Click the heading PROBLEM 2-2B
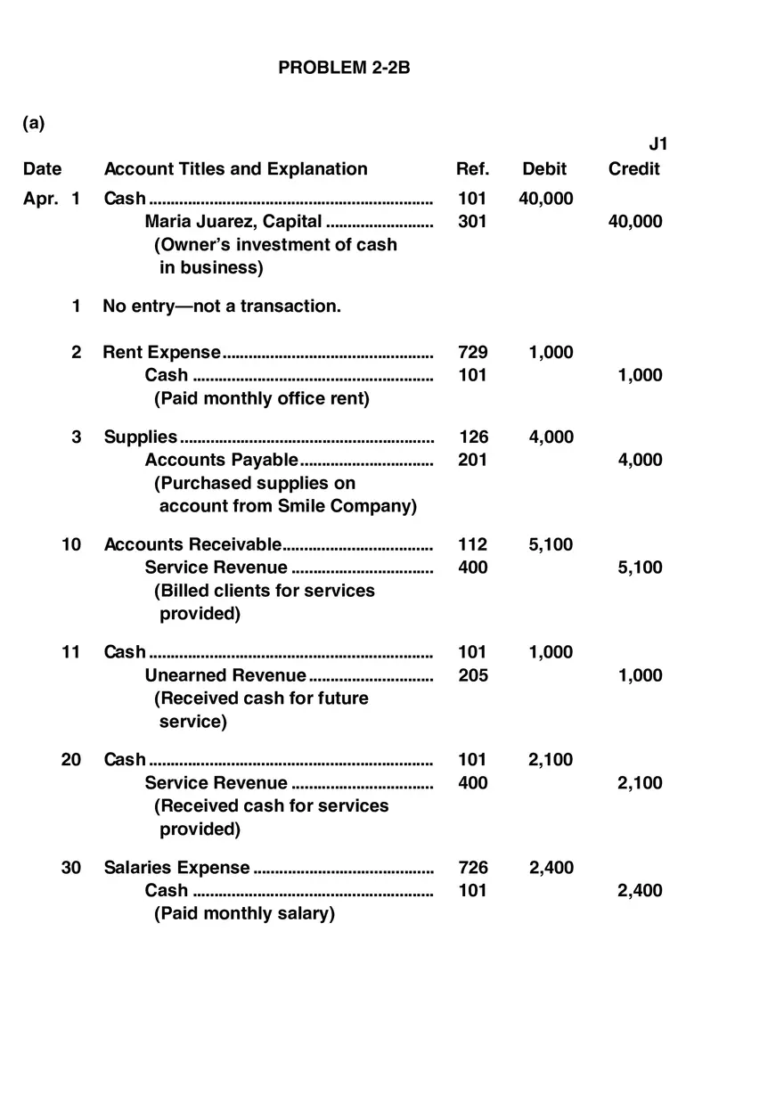click(x=344, y=68)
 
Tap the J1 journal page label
click(x=657, y=144)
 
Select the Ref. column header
click(x=472, y=169)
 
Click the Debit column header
click(x=544, y=169)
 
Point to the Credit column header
click(x=634, y=169)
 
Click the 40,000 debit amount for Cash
click(x=545, y=199)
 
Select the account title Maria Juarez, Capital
click(x=233, y=222)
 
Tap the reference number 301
click(x=472, y=222)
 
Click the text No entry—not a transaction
click(x=222, y=306)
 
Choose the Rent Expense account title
click(x=162, y=353)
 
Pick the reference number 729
click(x=472, y=353)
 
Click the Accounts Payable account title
click(x=221, y=460)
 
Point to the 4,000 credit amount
click(x=640, y=460)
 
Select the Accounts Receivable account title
click(x=192, y=545)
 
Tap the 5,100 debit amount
click(x=551, y=545)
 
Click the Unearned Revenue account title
click(x=225, y=675)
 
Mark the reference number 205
click(x=472, y=675)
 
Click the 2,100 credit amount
click(x=640, y=783)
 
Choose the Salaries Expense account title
click(x=176, y=868)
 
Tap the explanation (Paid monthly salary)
click(x=244, y=914)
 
